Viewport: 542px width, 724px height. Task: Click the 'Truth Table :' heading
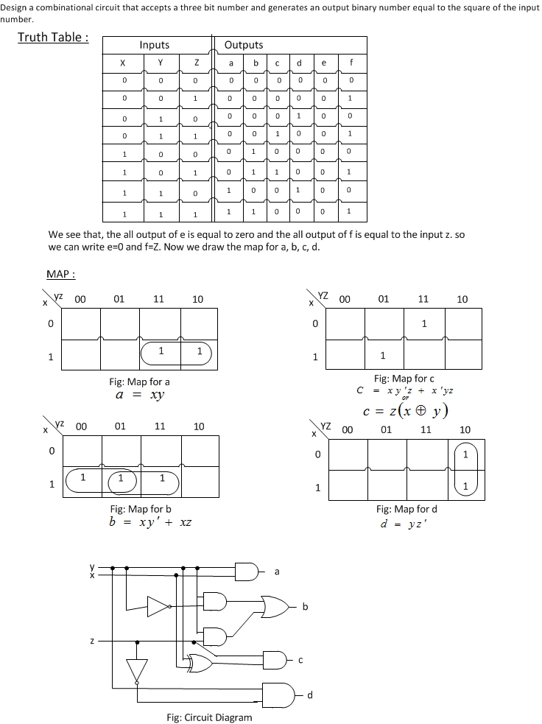[x=53, y=38]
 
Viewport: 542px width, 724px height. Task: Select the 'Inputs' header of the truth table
[x=154, y=45]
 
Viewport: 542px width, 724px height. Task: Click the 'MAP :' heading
[x=61, y=274]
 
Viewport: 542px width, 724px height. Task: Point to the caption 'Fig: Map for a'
[x=139, y=382]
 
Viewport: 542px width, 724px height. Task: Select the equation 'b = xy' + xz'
[x=151, y=522]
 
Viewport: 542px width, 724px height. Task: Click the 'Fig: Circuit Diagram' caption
[x=209, y=717]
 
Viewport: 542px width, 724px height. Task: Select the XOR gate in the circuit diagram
[x=201, y=661]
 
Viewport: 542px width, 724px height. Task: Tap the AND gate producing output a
[x=246, y=571]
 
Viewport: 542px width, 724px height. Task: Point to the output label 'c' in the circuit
[x=300, y=660]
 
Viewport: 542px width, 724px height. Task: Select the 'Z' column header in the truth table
[x=195, y=63]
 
